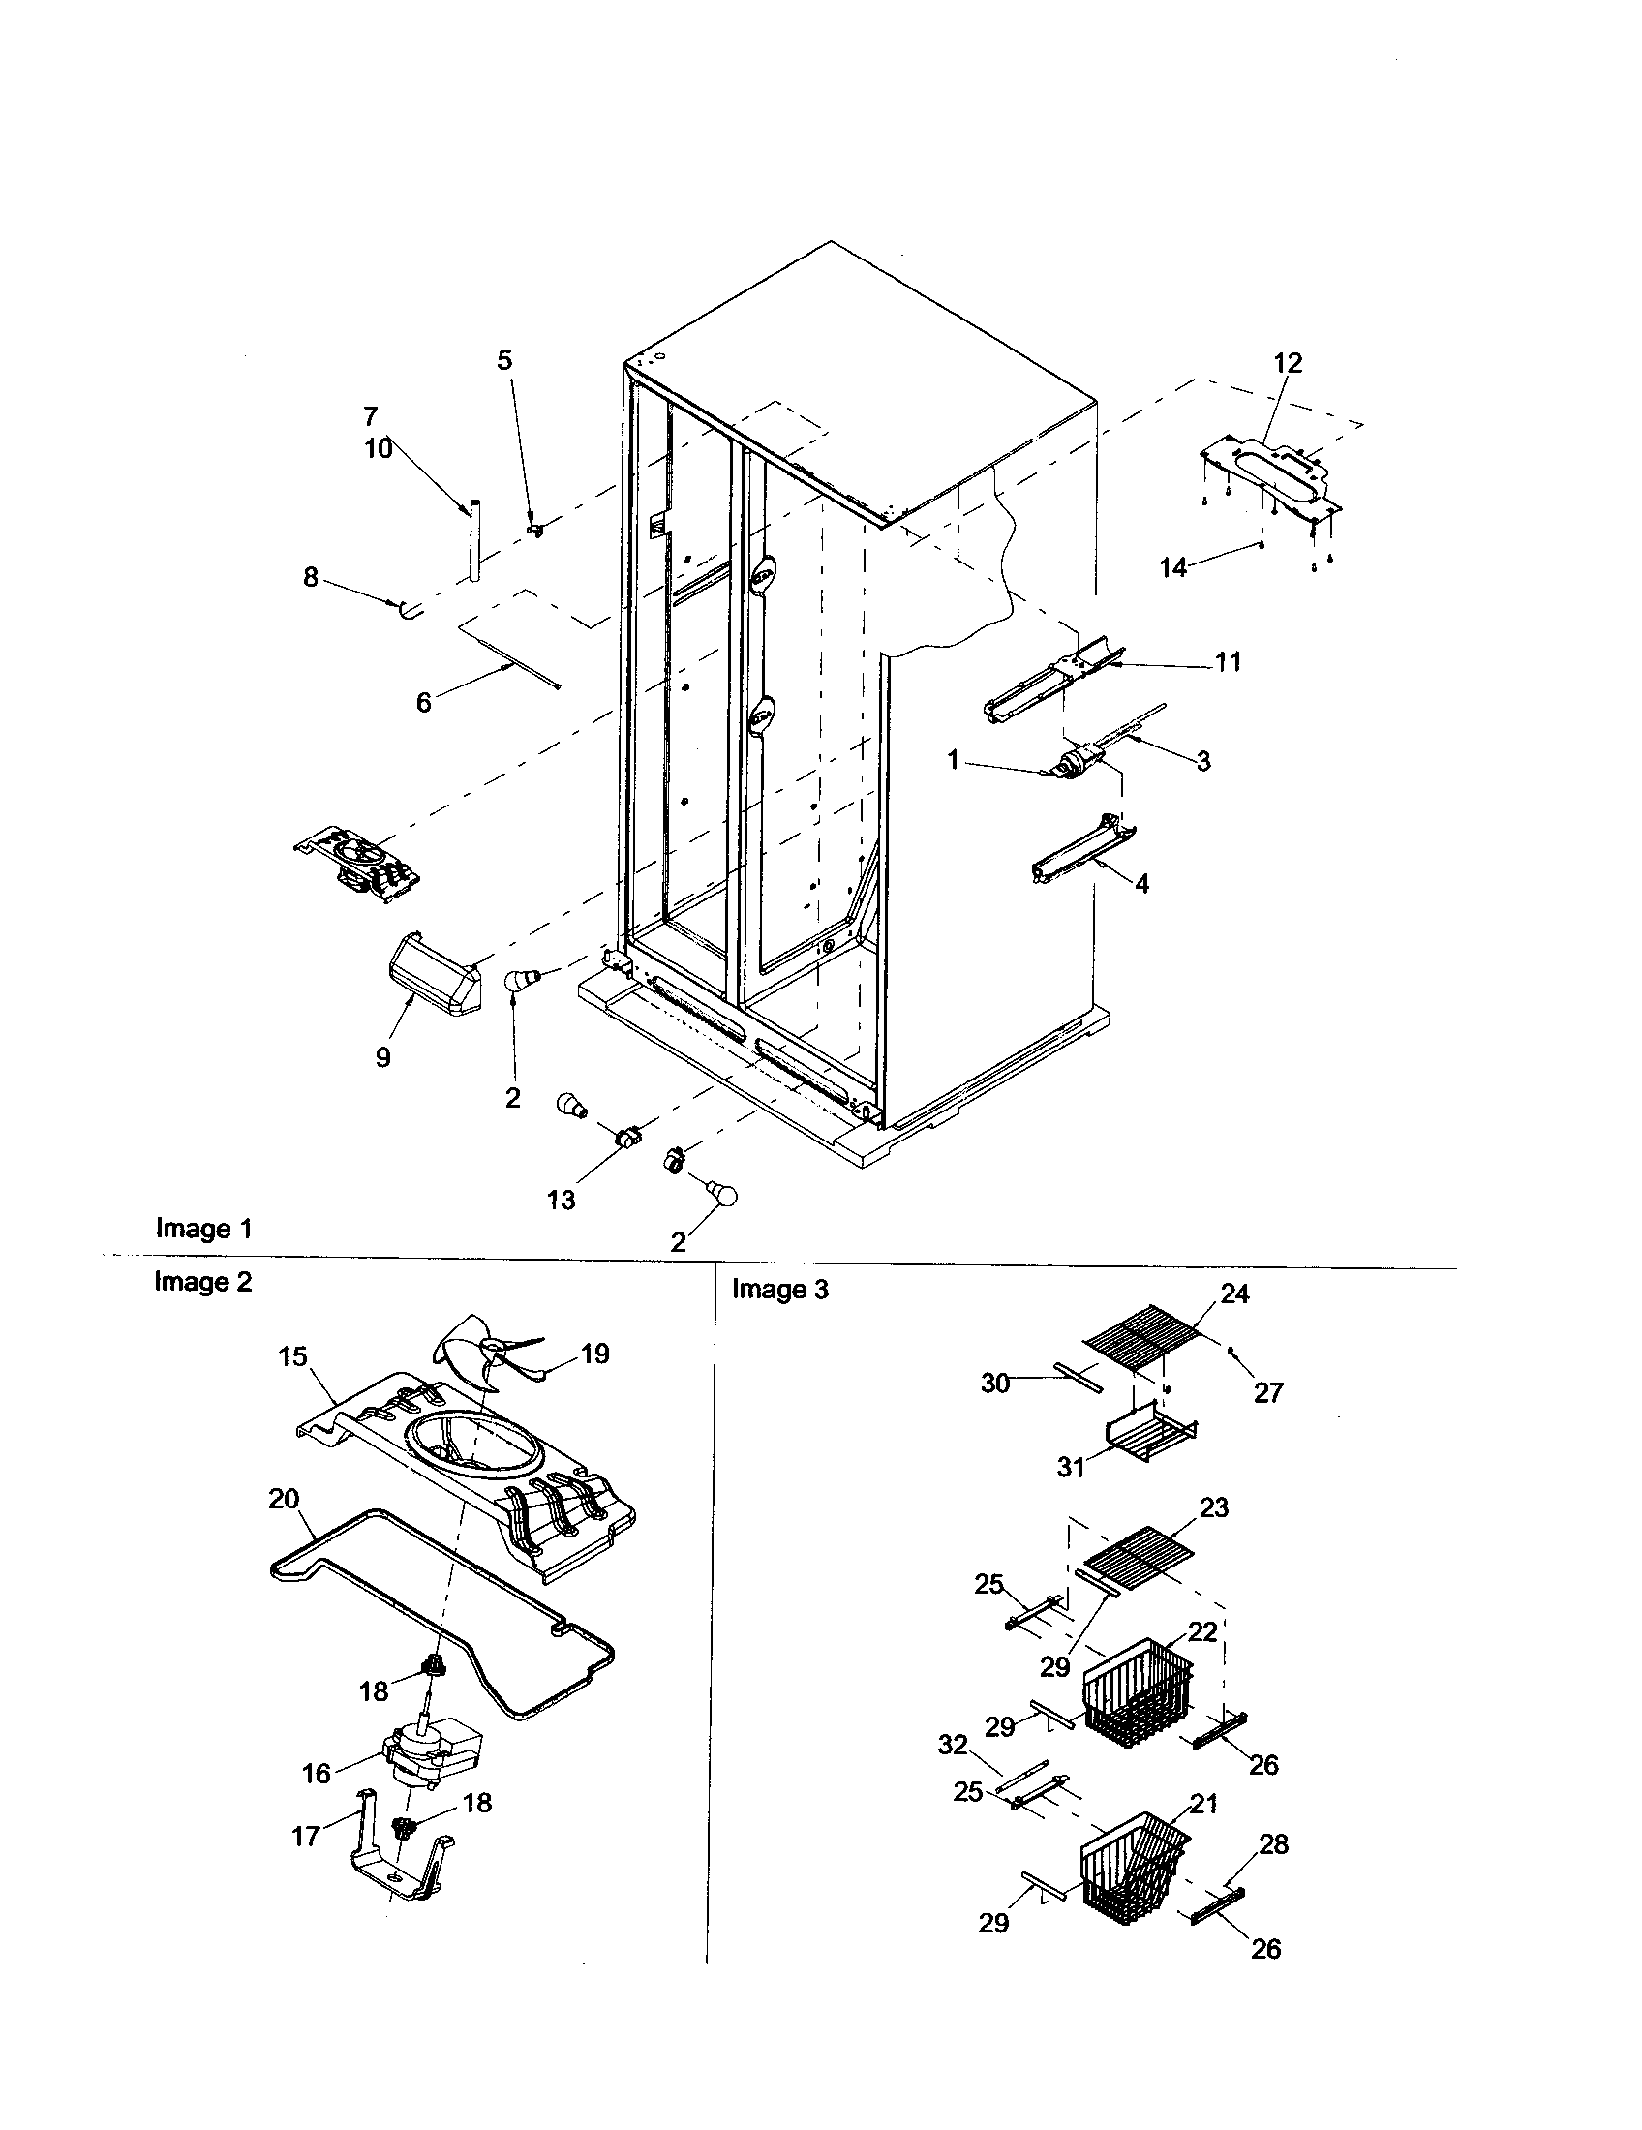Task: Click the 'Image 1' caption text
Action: [x=203, y=1229]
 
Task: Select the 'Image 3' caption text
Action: [x=780, y=1290]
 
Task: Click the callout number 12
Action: [x=1288, y=363]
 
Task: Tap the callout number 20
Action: [x=284, y=1500]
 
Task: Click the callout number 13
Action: [x=562, y=1201]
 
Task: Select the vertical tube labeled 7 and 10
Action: [x=474, y=542]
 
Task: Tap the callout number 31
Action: [x=1071, y=1468]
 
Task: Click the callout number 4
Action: [x=1141, y=884]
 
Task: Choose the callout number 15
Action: [x=292, y=1357]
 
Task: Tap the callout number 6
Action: [x=423, y=702]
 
